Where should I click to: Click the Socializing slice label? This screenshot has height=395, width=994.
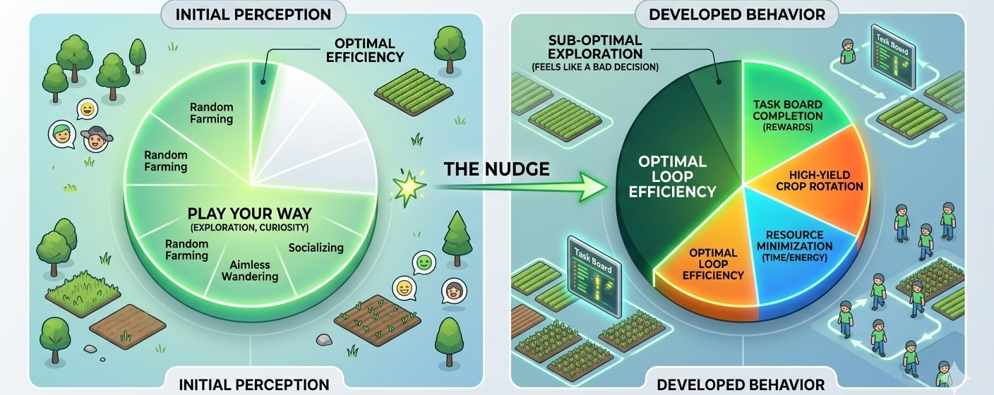click(x=316, y=248)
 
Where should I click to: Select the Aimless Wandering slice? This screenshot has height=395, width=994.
click(x=250, y=270)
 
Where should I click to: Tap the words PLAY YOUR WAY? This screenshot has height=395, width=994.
click(x=251, y=212)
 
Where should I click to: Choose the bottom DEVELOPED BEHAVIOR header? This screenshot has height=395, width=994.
click(x=741, y=384)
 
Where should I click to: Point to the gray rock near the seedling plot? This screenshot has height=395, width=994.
click(x=323, y=340)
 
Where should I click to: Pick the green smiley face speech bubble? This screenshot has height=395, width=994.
click(x=424, y=262)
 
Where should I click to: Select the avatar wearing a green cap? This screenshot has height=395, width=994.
click(x=62, y=135)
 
